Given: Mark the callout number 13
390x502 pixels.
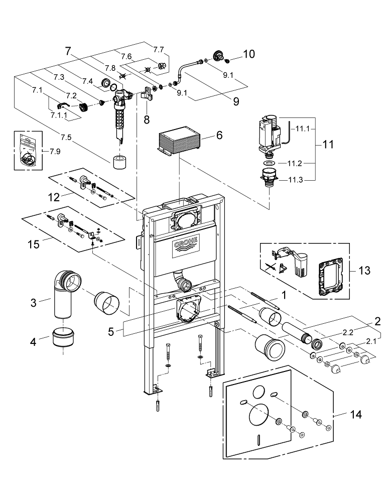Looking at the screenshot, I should (x=365, y=271).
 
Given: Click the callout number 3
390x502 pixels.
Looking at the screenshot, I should (x=34, y=303).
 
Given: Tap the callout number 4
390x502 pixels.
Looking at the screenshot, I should (x=34, y=342).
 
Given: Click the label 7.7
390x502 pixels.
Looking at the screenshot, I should (x=158, y=49).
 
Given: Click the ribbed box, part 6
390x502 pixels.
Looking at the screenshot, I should (x=179, y=143).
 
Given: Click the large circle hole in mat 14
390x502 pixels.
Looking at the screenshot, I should (x=259, y=416).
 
